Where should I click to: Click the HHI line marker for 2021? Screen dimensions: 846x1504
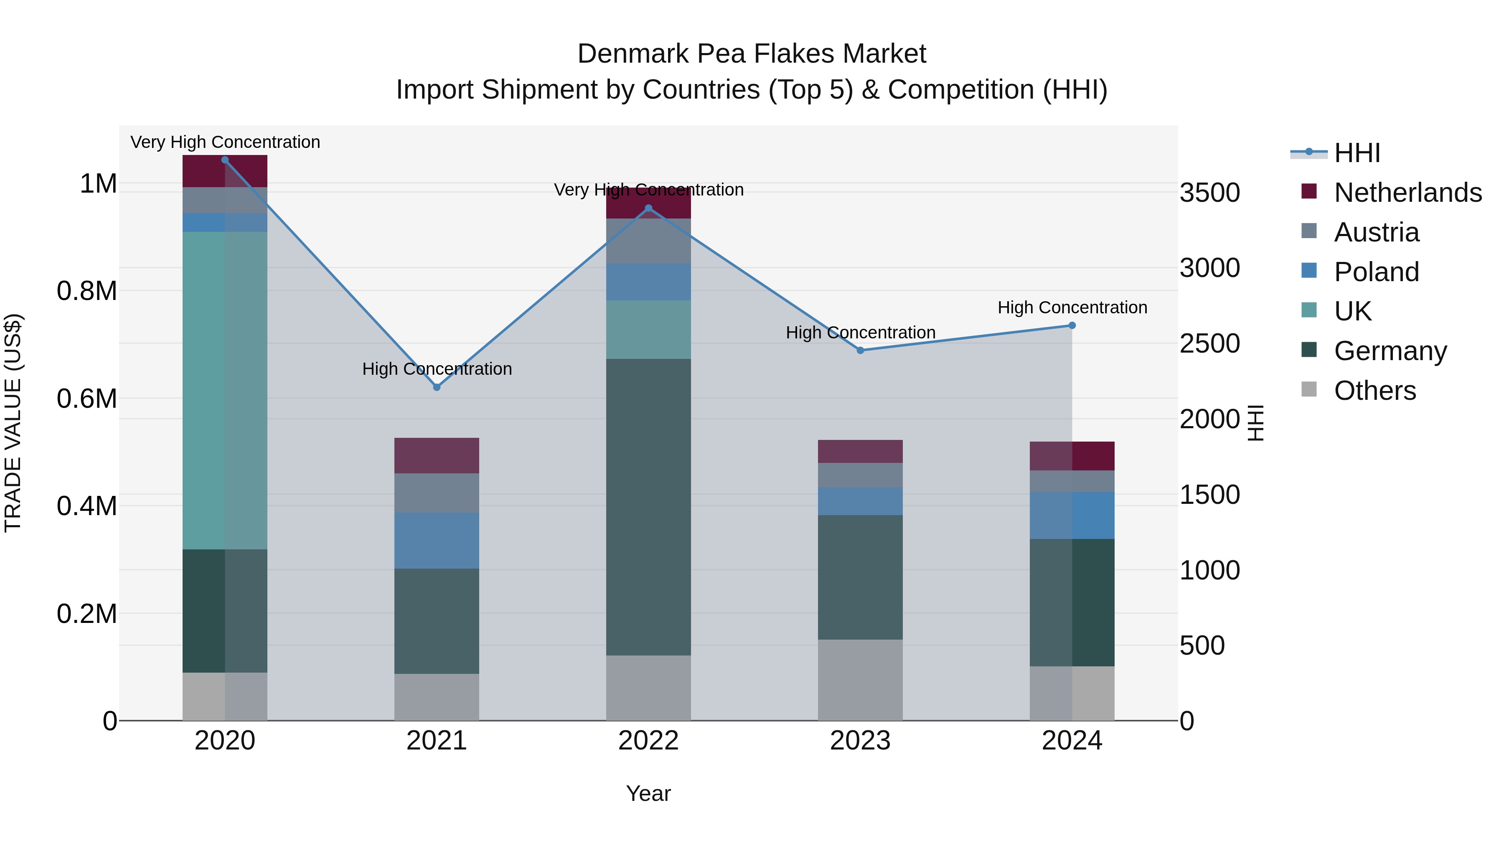437,387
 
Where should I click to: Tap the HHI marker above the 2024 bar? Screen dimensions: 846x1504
1072,325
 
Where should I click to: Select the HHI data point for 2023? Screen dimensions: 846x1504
860,351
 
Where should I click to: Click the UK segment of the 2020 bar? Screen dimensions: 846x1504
225,390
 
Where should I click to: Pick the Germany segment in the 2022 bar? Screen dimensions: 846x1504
648,507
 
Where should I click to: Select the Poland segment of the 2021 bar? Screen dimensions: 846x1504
437,541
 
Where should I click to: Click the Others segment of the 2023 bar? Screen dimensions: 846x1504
860,680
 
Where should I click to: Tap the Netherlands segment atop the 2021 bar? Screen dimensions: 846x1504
437,455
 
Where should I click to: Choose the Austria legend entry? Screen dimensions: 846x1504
1376,232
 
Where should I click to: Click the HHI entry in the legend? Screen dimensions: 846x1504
1357,153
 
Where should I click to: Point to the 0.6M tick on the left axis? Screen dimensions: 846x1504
86,399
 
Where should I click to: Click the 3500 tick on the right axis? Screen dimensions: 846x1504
1210,193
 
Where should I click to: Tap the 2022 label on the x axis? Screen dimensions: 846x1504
648,741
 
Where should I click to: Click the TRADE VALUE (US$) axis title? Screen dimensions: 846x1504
13,423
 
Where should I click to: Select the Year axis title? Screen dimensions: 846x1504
648,793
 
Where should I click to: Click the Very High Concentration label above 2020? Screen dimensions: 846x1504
225,142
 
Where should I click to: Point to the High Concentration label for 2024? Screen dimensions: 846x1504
1072,307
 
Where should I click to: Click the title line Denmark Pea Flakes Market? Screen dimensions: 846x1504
752,54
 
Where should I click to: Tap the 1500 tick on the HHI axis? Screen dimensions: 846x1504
1210,495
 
